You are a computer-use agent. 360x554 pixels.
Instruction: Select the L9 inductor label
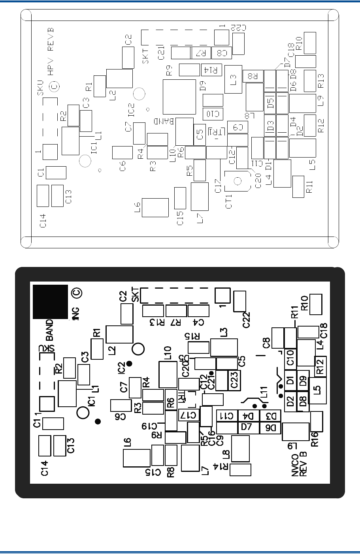click(x=321, y=101)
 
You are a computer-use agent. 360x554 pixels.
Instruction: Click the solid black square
click(x=50, y=301)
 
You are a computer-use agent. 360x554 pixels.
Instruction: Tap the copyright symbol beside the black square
click(x=76, y=293)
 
